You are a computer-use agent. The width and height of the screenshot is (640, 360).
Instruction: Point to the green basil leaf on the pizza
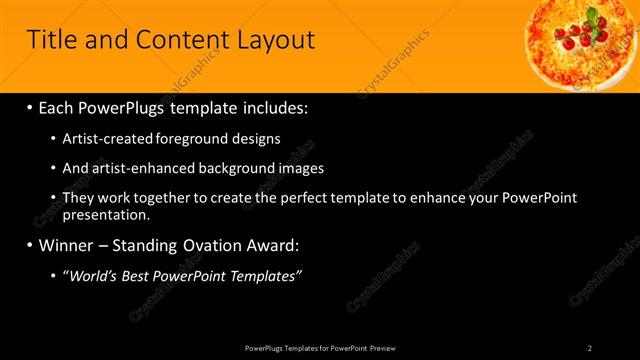click(x=594, y=18)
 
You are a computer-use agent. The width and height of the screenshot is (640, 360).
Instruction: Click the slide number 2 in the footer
click(x=590, y=347)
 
